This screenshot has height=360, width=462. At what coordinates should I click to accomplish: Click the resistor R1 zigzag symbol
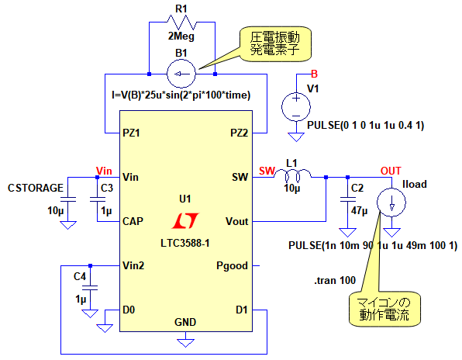[x=181, y=22]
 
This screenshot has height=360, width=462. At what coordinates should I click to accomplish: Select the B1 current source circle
[x=181, y=74]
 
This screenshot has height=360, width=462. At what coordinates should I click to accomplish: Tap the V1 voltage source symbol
[x=296, y=107]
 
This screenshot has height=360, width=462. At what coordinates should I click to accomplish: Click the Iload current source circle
[x=391, y=202]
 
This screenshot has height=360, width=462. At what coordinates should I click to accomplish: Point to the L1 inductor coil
[x=292, y=175]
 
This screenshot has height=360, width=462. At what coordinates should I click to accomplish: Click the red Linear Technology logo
[x=185, y=220]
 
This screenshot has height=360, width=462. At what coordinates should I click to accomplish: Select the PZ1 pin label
[x=131, y=133]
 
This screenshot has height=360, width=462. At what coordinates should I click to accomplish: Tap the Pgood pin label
[x=232, y=265]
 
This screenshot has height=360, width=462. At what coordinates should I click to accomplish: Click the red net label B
[x=315, y=74]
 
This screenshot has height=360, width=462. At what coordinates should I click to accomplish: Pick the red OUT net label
[x=391, y=171]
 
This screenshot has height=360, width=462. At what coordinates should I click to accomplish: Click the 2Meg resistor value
[x=181, y=36]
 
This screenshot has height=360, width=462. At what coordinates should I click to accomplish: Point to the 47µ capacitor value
[x=360, y=211]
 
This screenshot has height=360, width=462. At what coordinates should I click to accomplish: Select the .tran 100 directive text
[x=335, y=280]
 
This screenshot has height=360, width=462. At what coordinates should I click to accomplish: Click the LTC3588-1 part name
[x=185, y=244]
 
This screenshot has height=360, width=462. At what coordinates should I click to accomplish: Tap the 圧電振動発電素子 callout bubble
[x=275, y=44]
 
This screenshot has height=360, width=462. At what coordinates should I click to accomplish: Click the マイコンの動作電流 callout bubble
[x=384, y=309]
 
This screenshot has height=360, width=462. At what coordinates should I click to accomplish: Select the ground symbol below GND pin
[x=185, y=343]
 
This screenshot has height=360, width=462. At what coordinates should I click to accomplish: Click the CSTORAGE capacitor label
[x=36, y=188]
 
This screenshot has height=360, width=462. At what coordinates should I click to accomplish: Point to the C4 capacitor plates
[x=90, y=288]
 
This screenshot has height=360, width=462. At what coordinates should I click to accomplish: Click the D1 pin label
[x=242, y=310]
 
